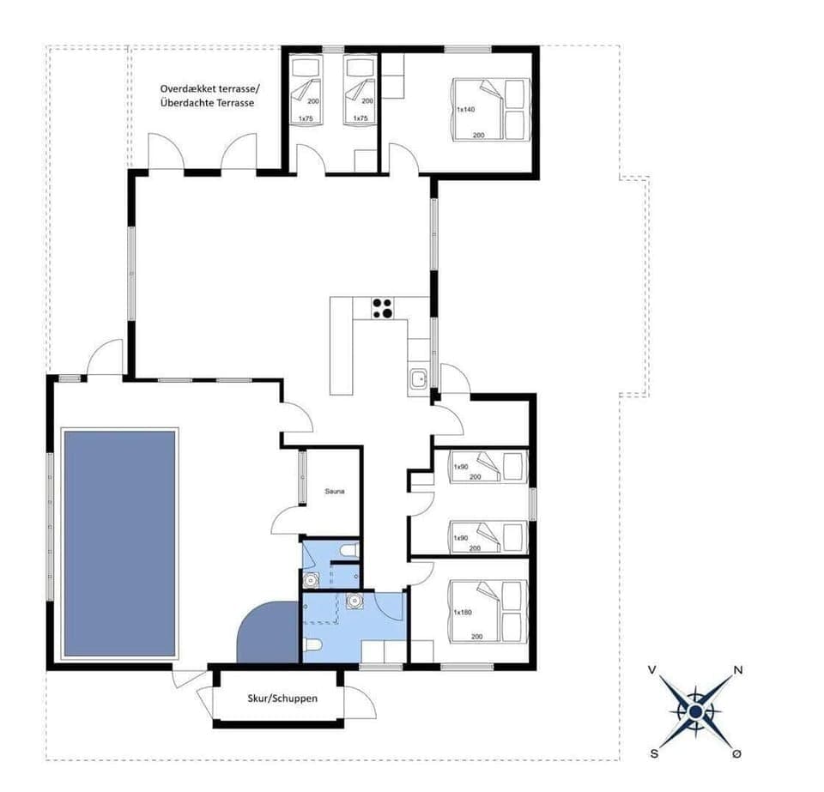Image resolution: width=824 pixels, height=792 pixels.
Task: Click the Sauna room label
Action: [x=335, y=492]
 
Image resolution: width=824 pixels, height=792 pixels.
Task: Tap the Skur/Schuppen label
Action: [x=280, y=698]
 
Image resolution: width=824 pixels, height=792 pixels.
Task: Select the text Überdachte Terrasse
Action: [x=209, y=103]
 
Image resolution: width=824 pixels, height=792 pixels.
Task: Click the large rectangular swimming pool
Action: [x=119, y=542]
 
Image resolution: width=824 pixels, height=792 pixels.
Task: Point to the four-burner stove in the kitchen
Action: [x=382, y=307]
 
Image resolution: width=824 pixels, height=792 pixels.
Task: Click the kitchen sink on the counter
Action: [x=418, y=378]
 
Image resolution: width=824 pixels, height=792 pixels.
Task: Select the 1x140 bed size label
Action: [x=466, y=110]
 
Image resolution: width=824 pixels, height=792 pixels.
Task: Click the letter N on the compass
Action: [x=737, y=670]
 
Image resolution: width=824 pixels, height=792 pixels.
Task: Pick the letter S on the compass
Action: [x=654, y=753]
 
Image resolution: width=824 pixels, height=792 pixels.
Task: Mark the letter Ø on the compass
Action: [x=736, y=753]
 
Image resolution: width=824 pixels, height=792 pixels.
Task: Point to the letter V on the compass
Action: [x=653, y=670]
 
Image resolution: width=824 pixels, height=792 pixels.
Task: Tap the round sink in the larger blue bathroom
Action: [x=353, y=602]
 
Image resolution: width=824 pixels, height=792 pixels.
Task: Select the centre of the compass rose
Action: [x=694, y=711]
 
